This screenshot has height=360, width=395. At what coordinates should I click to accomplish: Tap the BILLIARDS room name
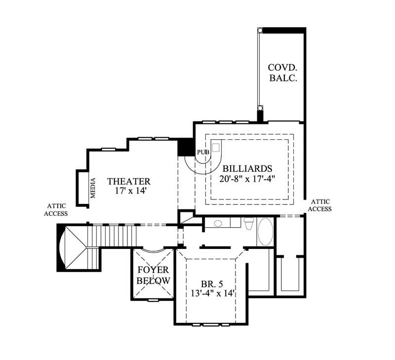(x=247, y=168)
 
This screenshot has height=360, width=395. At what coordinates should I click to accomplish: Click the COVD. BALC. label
(x=282, y=73)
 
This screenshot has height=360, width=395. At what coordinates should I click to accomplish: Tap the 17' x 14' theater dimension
(x=128, y=191)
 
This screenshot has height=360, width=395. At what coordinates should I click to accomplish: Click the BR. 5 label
(x=211, y=284)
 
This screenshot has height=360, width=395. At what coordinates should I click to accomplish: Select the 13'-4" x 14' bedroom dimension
(x=211, y=293)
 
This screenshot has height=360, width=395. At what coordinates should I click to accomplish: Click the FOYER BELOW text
(x=153, y=275)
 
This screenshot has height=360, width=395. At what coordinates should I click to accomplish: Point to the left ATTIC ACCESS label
(x=56, y=210)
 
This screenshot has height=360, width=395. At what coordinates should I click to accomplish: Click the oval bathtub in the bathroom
(x=265, y=232)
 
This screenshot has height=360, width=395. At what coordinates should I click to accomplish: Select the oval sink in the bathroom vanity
(x=218, y=224)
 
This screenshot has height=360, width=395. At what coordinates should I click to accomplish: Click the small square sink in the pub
(x=216, y=148)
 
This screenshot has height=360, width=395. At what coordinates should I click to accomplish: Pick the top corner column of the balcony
(x=260, y=31)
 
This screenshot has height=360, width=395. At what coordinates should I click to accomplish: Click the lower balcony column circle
(x=260, y=108)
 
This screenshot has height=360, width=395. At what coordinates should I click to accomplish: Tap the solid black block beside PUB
(x=186, y=147)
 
